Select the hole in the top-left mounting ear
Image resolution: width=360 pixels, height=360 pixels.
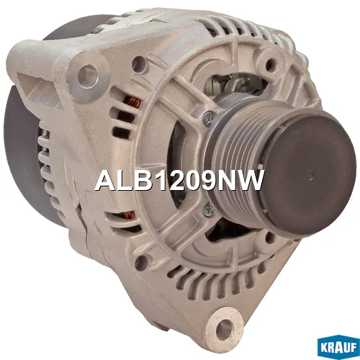click(x=88, y=72)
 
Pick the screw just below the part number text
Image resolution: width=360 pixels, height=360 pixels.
click(x=208, y=209)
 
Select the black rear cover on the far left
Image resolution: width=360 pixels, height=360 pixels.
click(x=22, y=158)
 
